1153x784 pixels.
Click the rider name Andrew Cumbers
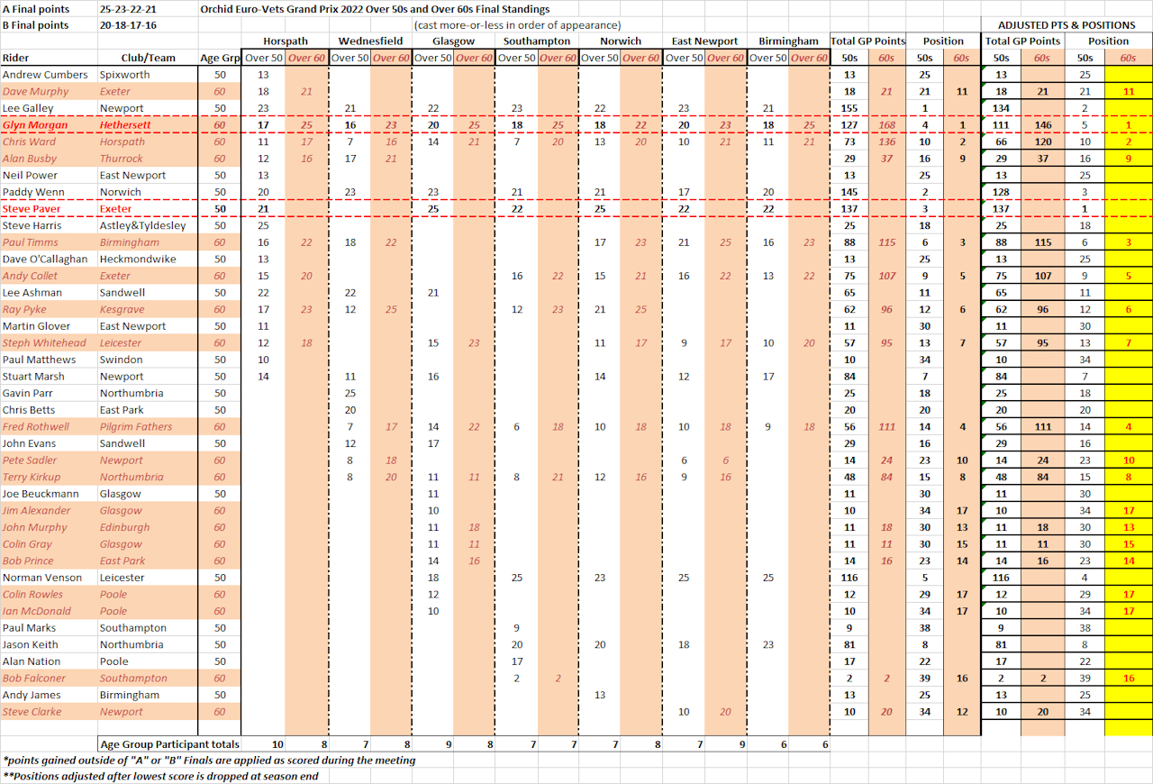(45, 75)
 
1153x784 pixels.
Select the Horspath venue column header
(285, 41)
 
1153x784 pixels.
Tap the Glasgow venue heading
(453, 41)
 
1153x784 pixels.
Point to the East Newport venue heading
(704, 41)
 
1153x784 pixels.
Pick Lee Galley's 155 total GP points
(849, 108)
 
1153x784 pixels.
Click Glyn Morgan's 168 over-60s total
(887, 125)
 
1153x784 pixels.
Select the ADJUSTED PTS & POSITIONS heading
(1066, 25)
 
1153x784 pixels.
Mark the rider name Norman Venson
(41, 578)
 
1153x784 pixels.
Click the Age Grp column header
(220, 59)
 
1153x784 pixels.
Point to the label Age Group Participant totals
(169, 744)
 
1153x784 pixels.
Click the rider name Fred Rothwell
(36, 426)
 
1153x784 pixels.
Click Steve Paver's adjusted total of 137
(1001, 209)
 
